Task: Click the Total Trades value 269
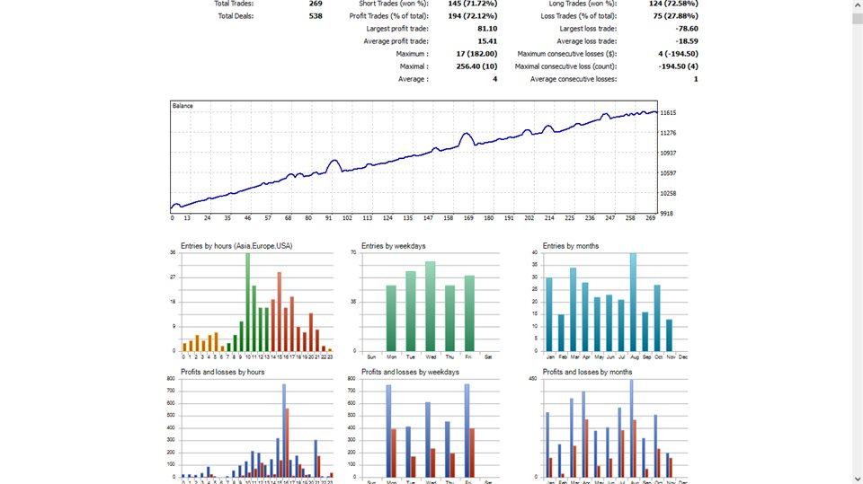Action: point(315,3)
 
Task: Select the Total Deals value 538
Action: point(315,16)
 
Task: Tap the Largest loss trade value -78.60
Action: point(686,29)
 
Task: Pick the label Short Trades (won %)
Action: point(393,4)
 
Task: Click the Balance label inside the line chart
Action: point(182,106)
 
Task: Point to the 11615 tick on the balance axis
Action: point(668,113)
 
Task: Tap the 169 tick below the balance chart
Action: point(468,218)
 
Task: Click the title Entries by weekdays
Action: point(393,246)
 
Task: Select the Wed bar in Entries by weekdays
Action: point(431,306)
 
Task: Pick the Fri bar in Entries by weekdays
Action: point(468,313)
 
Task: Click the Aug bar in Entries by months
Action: point(633,303)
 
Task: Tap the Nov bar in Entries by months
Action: point(669,335)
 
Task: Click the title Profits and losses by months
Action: point(587,372)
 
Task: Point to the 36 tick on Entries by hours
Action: point(173,252)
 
